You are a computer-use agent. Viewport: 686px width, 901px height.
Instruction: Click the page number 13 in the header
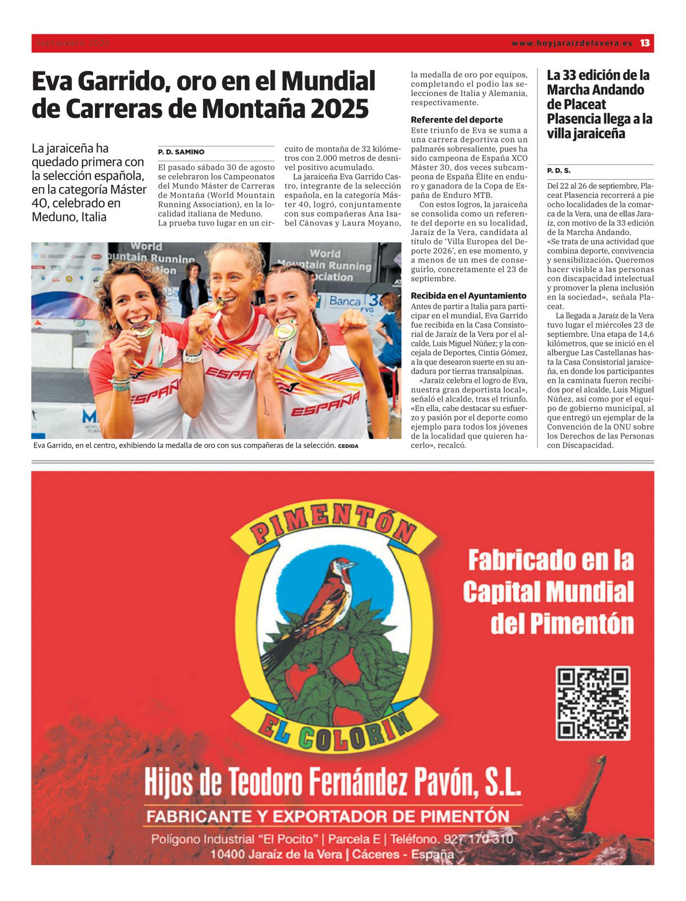pyautogui.click(x=645, y=43)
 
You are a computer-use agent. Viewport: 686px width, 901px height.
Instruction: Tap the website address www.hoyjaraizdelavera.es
pyautogui.click(x=571, y=43)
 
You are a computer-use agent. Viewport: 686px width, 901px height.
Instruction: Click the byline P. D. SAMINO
pyautogui.click(x=181, y=152)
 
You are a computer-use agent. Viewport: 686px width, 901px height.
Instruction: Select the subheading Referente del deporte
pyautogui.click(x=457, y=120)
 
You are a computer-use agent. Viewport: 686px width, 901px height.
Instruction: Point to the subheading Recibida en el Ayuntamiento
pyautogui.click(x=468, y=296)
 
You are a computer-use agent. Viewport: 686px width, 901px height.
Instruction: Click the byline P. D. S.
pyautogui.click(x=559, y=170)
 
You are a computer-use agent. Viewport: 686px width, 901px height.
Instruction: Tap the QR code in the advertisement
pyautogui.click(x=593, y=703)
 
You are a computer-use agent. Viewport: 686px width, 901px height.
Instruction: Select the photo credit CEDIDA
pyautogui.click(x=348, y=446)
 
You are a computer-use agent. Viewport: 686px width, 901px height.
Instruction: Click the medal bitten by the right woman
pyautogui.click(x=284, y=331)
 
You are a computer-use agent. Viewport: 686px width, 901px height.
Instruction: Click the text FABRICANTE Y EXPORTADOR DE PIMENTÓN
pyautogui.click(x=327, y=816)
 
